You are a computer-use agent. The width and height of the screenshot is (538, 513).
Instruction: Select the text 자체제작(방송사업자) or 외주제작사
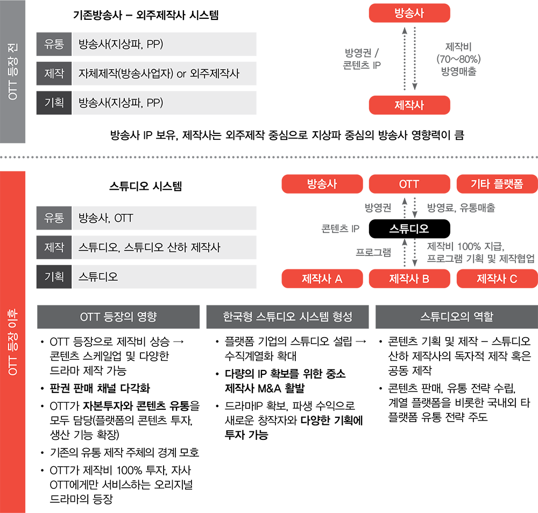pos(159,73)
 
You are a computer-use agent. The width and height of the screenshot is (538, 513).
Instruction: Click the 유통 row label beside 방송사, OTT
pos(54,218)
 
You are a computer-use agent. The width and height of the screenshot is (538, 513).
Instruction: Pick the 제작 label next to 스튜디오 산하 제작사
pos(54,247)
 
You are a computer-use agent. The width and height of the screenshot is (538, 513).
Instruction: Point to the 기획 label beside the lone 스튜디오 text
pos(54,277)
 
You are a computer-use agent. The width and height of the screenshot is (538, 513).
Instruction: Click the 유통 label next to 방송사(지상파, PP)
pos(54,44)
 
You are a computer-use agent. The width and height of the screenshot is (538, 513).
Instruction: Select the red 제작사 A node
pos(322,279)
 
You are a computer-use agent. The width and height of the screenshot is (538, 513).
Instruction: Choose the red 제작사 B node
pos(409,279)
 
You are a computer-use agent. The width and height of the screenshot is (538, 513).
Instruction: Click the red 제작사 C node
pos(497,279)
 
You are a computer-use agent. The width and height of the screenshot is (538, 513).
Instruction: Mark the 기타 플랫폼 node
pos(497,184)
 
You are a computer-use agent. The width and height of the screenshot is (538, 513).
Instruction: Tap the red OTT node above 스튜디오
pos(409,184)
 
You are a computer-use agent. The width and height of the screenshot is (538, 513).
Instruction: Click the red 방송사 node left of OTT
pos(322,184)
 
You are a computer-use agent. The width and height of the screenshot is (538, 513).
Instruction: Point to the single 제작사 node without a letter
pos(409,105)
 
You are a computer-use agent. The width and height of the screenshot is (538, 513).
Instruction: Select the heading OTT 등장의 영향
pos(118,317)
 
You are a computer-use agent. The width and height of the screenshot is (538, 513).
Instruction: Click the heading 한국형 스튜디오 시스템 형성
pos(287,317)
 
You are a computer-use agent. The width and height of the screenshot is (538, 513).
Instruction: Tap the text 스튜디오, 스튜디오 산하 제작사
pos(149,247)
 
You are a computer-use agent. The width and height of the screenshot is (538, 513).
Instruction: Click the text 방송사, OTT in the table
pos(105,218)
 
